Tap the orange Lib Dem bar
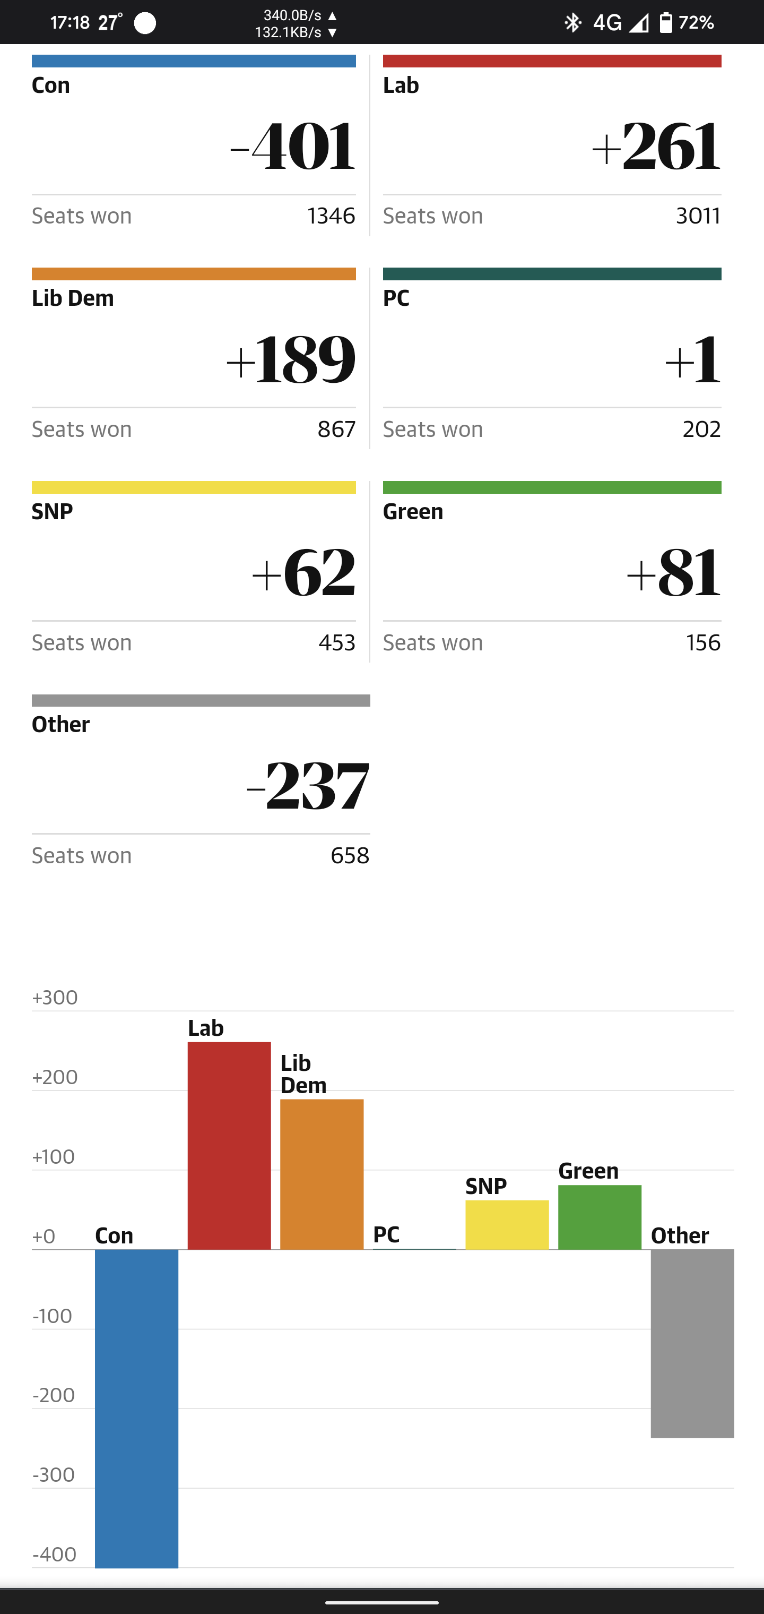point(322,1174)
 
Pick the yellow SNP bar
point(507,1224)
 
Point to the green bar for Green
point(600,1217)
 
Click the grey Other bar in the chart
point(692,1343)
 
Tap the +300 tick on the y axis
point(55,998)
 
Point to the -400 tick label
point(55,1555)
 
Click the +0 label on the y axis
point(44,1236)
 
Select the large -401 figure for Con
point(293,147)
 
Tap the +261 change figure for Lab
point(656,147)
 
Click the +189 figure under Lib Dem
point(291,359)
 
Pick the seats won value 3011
point(698,216)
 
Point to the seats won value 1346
point(331,216)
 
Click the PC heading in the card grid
point(396,298)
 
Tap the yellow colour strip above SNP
point(194,487)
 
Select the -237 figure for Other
point(308,786)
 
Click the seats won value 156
point(704,643)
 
